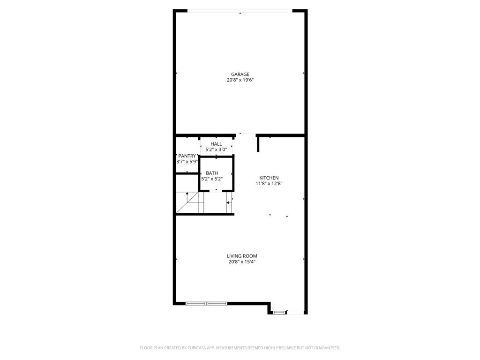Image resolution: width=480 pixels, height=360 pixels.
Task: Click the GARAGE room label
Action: (240, 74)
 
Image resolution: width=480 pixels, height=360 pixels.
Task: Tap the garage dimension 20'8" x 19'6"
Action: (240, 80)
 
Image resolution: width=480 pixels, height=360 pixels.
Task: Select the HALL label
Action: (216, 144)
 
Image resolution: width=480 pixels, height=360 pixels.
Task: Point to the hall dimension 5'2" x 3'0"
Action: (216, 150)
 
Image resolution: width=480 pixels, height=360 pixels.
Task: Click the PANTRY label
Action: (187, 156)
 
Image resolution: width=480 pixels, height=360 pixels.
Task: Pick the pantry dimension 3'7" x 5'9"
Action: (187, 162)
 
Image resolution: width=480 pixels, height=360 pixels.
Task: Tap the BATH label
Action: (212, 173)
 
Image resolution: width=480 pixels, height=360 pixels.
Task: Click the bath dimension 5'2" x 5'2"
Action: (212, 179)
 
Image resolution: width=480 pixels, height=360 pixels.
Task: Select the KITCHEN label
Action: (269, 178)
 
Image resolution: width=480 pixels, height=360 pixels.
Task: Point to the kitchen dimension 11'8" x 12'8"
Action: (269, 184)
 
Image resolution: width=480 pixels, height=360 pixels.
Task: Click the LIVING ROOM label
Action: (242, 256)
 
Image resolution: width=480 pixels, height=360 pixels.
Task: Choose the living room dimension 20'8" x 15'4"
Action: (242, 262)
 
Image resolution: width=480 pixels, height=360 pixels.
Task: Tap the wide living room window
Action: (206, 304)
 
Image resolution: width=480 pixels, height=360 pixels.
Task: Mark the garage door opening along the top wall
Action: (240, 11)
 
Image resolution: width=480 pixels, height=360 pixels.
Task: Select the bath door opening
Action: (216, 191)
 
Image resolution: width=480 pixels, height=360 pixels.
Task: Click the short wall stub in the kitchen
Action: (258, 144)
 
